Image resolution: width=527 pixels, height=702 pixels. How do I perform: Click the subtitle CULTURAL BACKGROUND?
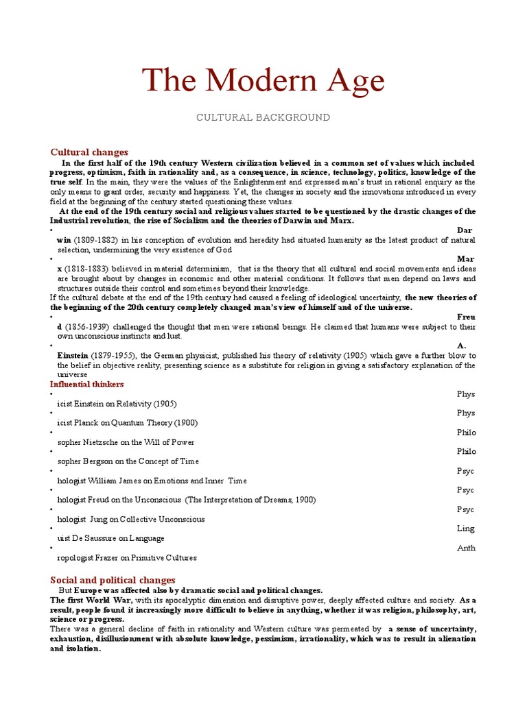[x=263, y=118]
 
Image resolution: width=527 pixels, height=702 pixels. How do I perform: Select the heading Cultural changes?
[x=89, y=152]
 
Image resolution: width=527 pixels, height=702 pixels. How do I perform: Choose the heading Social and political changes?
[x=113, y=580]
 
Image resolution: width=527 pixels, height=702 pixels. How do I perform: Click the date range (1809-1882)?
[x=98, y=240]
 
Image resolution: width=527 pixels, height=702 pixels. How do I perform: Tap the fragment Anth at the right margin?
[x=466, y=548]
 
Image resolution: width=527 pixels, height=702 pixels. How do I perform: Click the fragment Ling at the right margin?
[x=466, y=529]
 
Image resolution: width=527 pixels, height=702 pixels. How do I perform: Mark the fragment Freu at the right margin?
[x=466, y=317]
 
